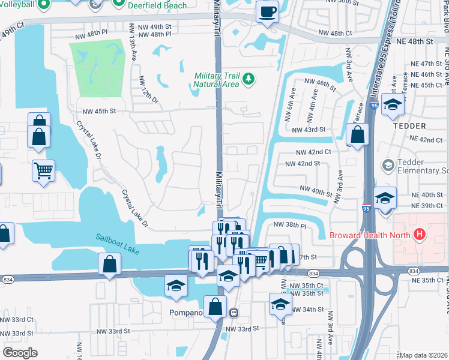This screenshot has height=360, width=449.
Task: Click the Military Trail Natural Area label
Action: [216, 80]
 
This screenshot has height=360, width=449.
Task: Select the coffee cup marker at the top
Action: [267, 11]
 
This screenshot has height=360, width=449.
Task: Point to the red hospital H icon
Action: [420, 233]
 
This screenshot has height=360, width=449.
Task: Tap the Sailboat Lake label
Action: [116, 242]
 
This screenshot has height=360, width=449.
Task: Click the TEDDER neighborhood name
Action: [409, 126]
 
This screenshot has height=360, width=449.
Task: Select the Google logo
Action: [19, 353]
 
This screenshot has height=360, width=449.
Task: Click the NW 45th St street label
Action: [100, 111]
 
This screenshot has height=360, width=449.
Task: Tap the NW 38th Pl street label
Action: [290, 224]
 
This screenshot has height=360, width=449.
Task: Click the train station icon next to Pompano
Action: [234, 313]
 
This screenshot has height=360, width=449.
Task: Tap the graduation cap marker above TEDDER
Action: [393, 104]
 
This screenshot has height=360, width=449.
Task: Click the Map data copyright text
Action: [424, 355]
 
